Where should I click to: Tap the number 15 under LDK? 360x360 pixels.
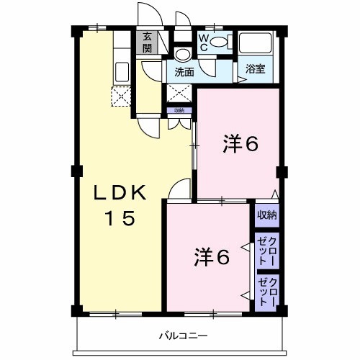[120, 218]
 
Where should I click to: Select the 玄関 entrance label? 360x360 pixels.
[147, 42]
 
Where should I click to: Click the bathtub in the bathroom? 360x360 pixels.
[255, 45]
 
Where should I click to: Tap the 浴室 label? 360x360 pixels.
[256, 70]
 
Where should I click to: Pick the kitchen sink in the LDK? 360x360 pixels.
[122, 71]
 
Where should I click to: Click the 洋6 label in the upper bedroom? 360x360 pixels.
[240, 145]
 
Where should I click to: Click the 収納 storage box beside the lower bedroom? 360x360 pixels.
[267, 215]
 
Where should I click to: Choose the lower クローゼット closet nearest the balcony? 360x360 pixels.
[267, 292]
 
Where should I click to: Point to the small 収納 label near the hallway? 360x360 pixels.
[178, 110]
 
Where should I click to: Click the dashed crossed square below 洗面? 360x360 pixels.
[179, 93]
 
